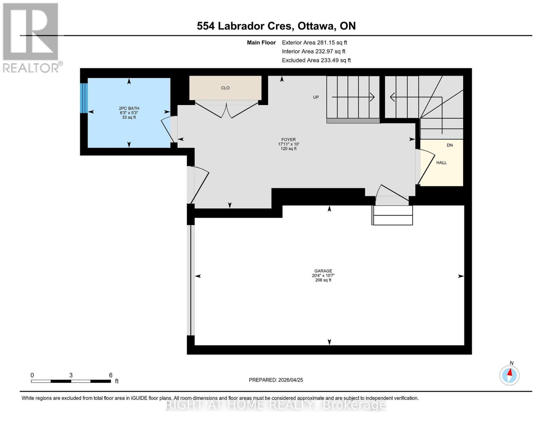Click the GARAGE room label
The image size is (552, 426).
323,271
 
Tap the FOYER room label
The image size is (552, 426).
288,140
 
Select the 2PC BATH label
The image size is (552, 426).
129,108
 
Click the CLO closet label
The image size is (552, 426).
225,88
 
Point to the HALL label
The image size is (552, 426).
441,163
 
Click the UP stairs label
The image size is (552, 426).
316,97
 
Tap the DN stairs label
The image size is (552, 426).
450,145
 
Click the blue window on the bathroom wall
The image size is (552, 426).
84,98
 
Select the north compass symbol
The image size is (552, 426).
509,375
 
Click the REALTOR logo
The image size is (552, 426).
31,37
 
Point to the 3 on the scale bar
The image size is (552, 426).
71,375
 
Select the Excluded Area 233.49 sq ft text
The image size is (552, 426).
316,60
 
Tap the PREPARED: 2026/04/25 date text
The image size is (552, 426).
276,380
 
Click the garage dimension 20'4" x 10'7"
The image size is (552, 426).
323,275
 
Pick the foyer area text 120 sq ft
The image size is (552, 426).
288,149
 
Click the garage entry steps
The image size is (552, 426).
392,215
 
